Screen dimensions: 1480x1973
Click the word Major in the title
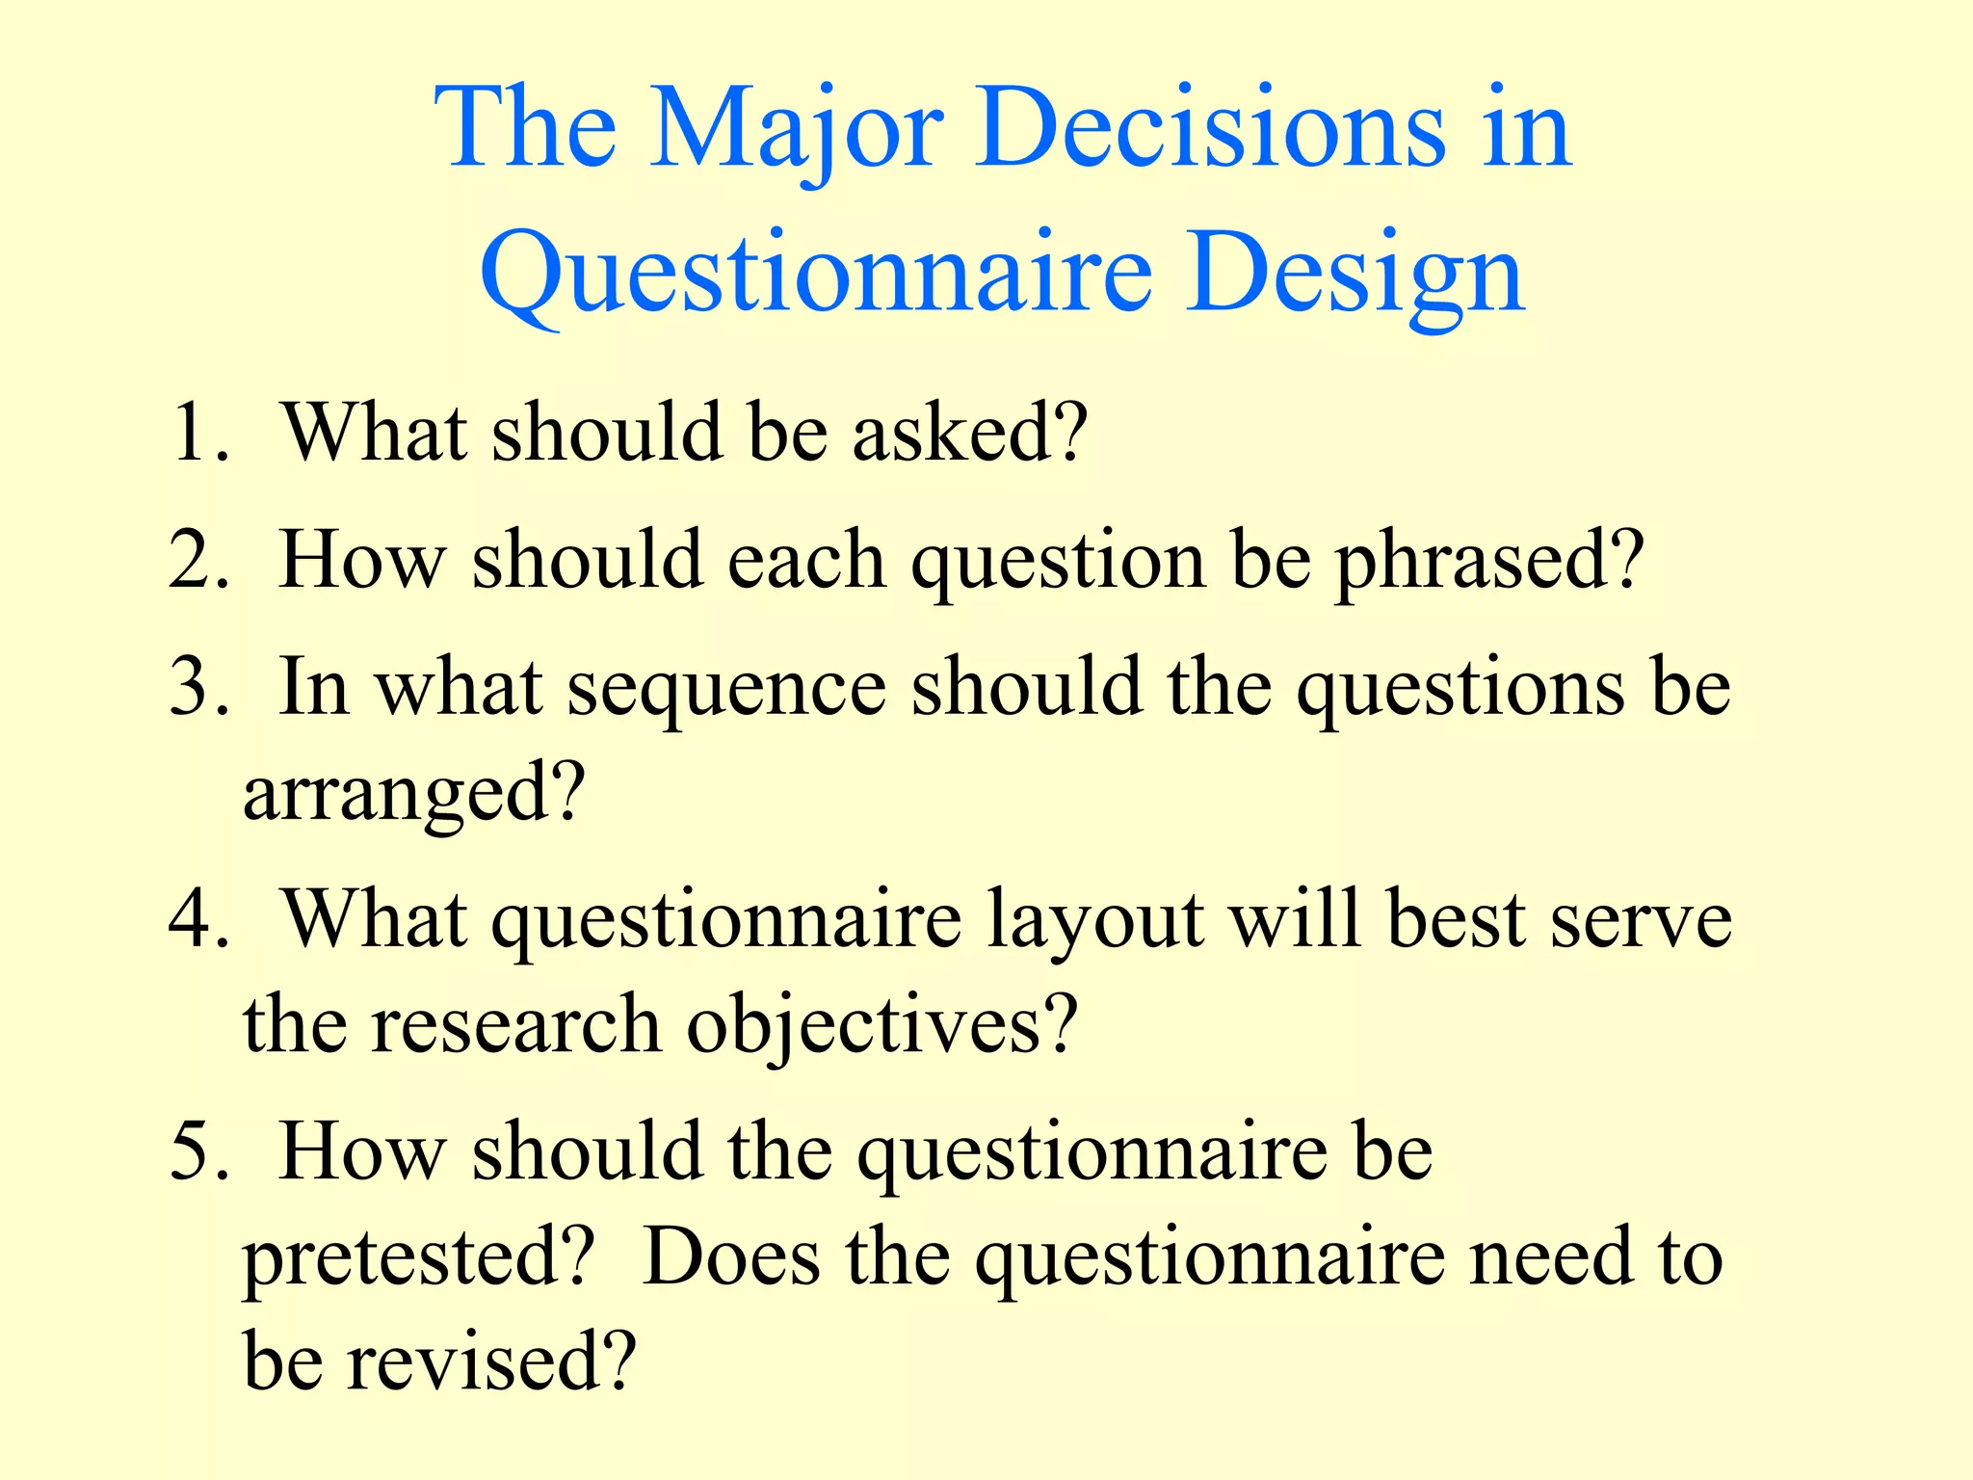click(796, 130)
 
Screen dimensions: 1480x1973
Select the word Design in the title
click(1355, 275)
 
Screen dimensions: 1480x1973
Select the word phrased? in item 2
click(1489, 562)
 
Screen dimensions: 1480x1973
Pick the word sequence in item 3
click(726, 690)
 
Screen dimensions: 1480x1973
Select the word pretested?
click(414, 1258)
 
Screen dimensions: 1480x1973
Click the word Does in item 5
click(731, 1257)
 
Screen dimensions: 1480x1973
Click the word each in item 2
click(805, 562)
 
